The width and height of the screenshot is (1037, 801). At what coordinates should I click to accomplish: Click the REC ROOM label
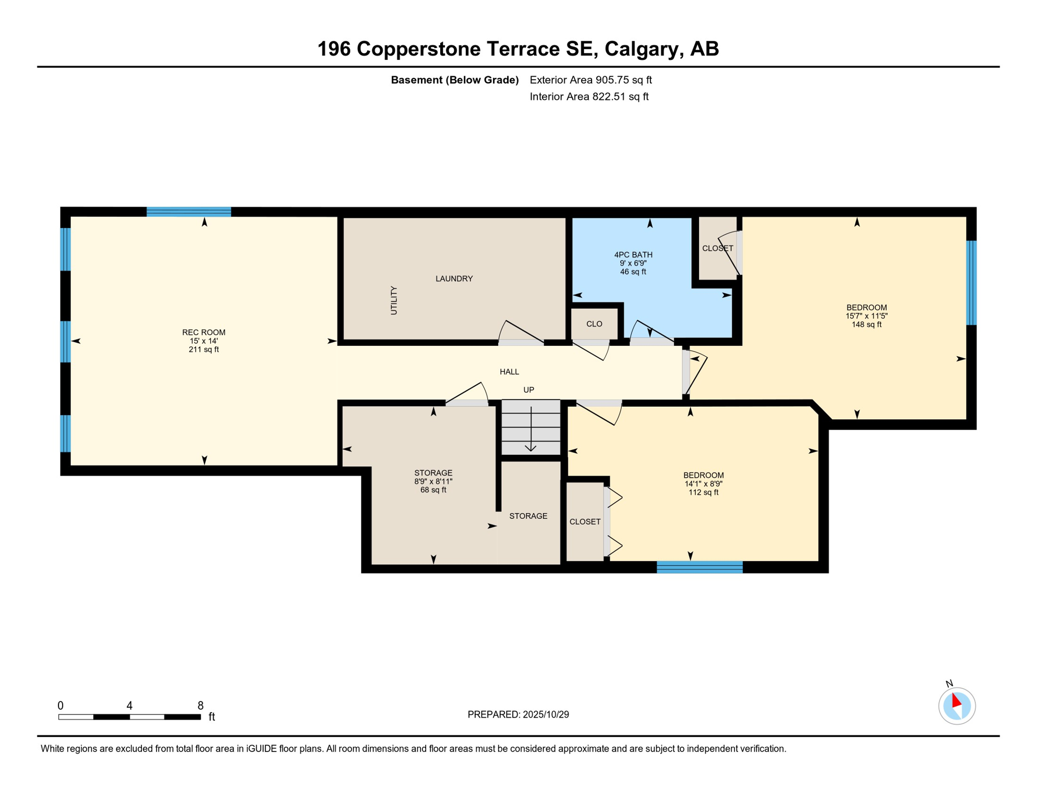[x=203, y=332]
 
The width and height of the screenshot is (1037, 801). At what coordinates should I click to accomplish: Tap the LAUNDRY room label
[x=454, y=278]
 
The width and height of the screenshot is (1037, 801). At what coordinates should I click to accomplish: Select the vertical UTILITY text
[x=394, y=300]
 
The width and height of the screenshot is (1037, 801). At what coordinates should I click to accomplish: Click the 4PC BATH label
[x=633, y=254]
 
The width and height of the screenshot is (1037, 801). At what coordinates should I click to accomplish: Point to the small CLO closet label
[x=594, y=324]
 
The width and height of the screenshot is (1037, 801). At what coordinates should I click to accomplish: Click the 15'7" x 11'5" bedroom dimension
[x=866, y=316]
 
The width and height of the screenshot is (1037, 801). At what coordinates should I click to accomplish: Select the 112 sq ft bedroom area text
[x=703, y=492]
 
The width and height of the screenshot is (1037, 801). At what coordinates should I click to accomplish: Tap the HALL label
[x=509, y=372]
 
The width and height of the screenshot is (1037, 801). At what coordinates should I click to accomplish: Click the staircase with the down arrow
[x=530, y=427]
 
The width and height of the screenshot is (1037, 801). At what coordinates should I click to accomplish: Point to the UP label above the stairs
[x=528, y=390]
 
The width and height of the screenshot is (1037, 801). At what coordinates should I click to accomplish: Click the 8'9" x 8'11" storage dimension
[x=433, y=481]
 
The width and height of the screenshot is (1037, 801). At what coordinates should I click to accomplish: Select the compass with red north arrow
[x=956, y=706]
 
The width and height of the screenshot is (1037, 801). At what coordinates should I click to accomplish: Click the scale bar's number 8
[x=200, y=706]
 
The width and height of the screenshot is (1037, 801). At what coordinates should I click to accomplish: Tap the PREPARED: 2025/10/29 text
[x=518, y=714]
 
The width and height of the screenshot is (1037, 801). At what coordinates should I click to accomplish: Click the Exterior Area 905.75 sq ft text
[x=590, y=80]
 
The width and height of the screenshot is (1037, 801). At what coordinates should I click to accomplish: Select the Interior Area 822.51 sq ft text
[x=589, y=96]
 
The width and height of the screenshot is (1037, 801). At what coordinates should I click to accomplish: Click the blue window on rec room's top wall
[x=189, y=212]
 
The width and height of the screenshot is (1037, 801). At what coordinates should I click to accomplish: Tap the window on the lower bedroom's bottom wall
[x=699, y=567]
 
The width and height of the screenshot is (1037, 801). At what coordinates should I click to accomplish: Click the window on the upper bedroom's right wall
[x=971, y=283]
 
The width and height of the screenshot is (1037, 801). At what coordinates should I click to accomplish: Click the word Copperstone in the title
[x=419, y=49]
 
